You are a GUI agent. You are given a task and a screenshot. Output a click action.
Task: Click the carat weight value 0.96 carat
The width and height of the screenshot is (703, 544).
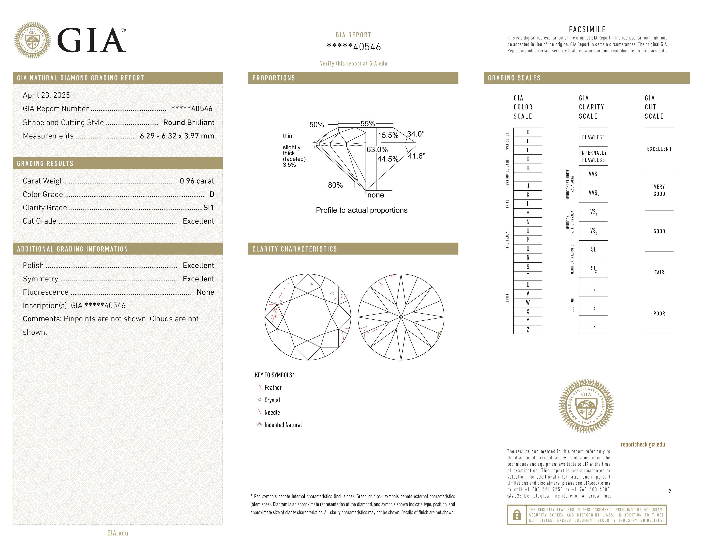tap(197, 181)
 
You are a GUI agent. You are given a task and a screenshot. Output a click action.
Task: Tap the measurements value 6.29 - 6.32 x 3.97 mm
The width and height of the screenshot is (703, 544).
tap(177, 136)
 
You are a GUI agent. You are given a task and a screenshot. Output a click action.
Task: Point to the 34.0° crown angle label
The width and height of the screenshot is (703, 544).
tap(416, 134)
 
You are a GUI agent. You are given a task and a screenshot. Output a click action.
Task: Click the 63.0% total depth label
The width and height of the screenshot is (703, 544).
tap(377, 150)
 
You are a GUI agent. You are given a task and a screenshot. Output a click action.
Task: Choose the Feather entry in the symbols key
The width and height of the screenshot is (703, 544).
tap(273, 387)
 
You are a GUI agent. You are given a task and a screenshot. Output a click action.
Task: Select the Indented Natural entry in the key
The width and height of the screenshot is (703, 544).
tap(283, 425)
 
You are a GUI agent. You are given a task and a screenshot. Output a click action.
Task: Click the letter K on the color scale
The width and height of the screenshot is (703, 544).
tap(528, 195)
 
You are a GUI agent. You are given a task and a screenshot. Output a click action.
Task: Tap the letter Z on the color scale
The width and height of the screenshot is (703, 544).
tap(528, 330)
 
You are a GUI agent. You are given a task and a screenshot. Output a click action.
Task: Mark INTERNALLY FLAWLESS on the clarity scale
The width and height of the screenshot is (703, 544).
tap(593, 156)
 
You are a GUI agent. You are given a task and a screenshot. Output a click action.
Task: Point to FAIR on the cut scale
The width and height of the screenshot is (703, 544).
tap(659, 272)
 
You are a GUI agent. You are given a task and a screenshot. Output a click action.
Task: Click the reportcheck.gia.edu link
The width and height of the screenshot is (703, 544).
tap(642, 444)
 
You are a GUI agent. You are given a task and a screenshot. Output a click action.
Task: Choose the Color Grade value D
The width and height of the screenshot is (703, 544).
tap(212, 194)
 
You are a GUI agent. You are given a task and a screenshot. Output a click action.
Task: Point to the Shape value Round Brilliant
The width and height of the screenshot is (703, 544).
tap(189, 122)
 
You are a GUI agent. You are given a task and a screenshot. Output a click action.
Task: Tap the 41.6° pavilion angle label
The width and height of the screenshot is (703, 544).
tap(416, 156)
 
